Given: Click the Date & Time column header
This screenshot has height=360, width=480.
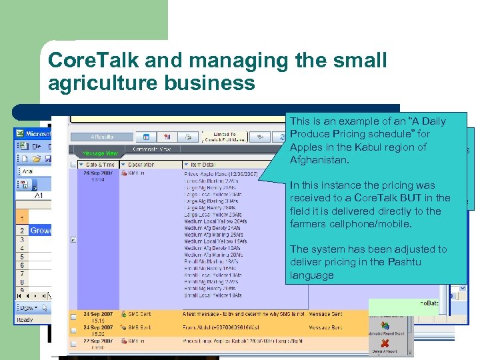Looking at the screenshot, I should [x=99, y=164].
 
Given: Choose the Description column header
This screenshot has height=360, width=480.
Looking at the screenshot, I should [x=141, y=164].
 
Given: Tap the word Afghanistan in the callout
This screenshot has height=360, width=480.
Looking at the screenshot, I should [x=319, y=160].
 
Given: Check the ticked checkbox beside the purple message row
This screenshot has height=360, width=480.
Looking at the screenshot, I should [x=73, y=239].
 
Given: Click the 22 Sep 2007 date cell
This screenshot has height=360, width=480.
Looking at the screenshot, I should [x=96, y=341].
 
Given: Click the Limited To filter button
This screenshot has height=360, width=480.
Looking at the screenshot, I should [x=223, y=137].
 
